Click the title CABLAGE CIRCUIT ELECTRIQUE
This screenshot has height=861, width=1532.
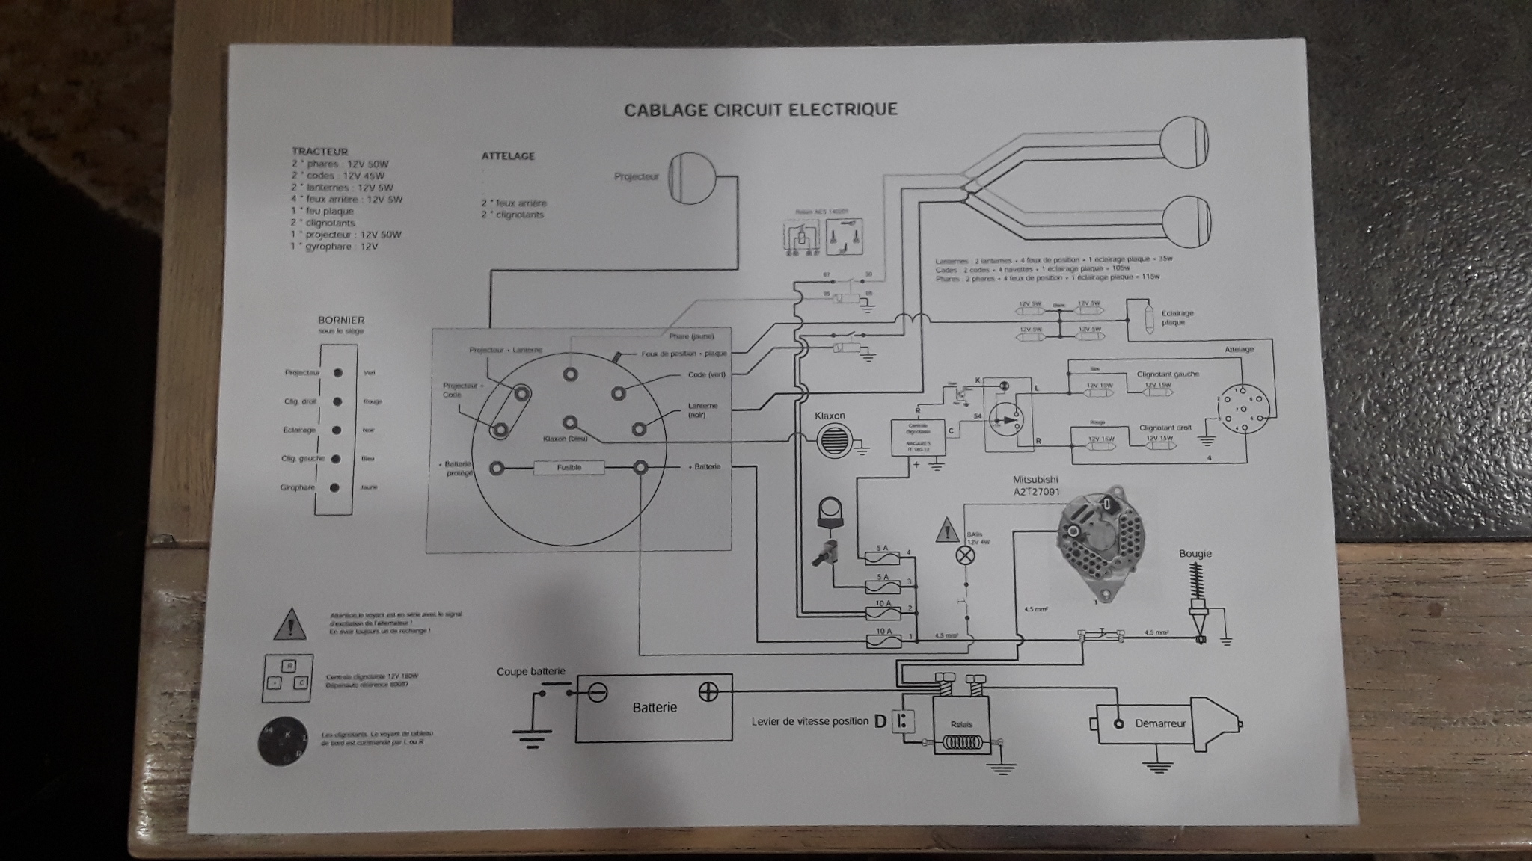point(760,110)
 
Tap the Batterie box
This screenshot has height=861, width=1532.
point(654,707)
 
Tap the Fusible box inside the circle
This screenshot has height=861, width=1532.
point(569,468)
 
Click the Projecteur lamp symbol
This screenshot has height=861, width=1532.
point(691,179)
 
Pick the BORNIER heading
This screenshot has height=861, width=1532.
point(341,321)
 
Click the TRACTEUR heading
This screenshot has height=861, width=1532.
point(319,152)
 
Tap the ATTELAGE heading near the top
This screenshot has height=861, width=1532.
point(508,156)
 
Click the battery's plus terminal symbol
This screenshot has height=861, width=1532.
point(708,692)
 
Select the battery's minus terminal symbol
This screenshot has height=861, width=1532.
point(596,693)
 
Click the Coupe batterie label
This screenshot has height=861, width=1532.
point(530,672)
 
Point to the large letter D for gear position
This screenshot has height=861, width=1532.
point(880,721)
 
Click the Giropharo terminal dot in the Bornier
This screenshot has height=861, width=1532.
point(335,487)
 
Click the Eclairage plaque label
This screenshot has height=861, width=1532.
point(1177,318)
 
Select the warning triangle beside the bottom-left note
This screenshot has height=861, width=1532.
point(290,626)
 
